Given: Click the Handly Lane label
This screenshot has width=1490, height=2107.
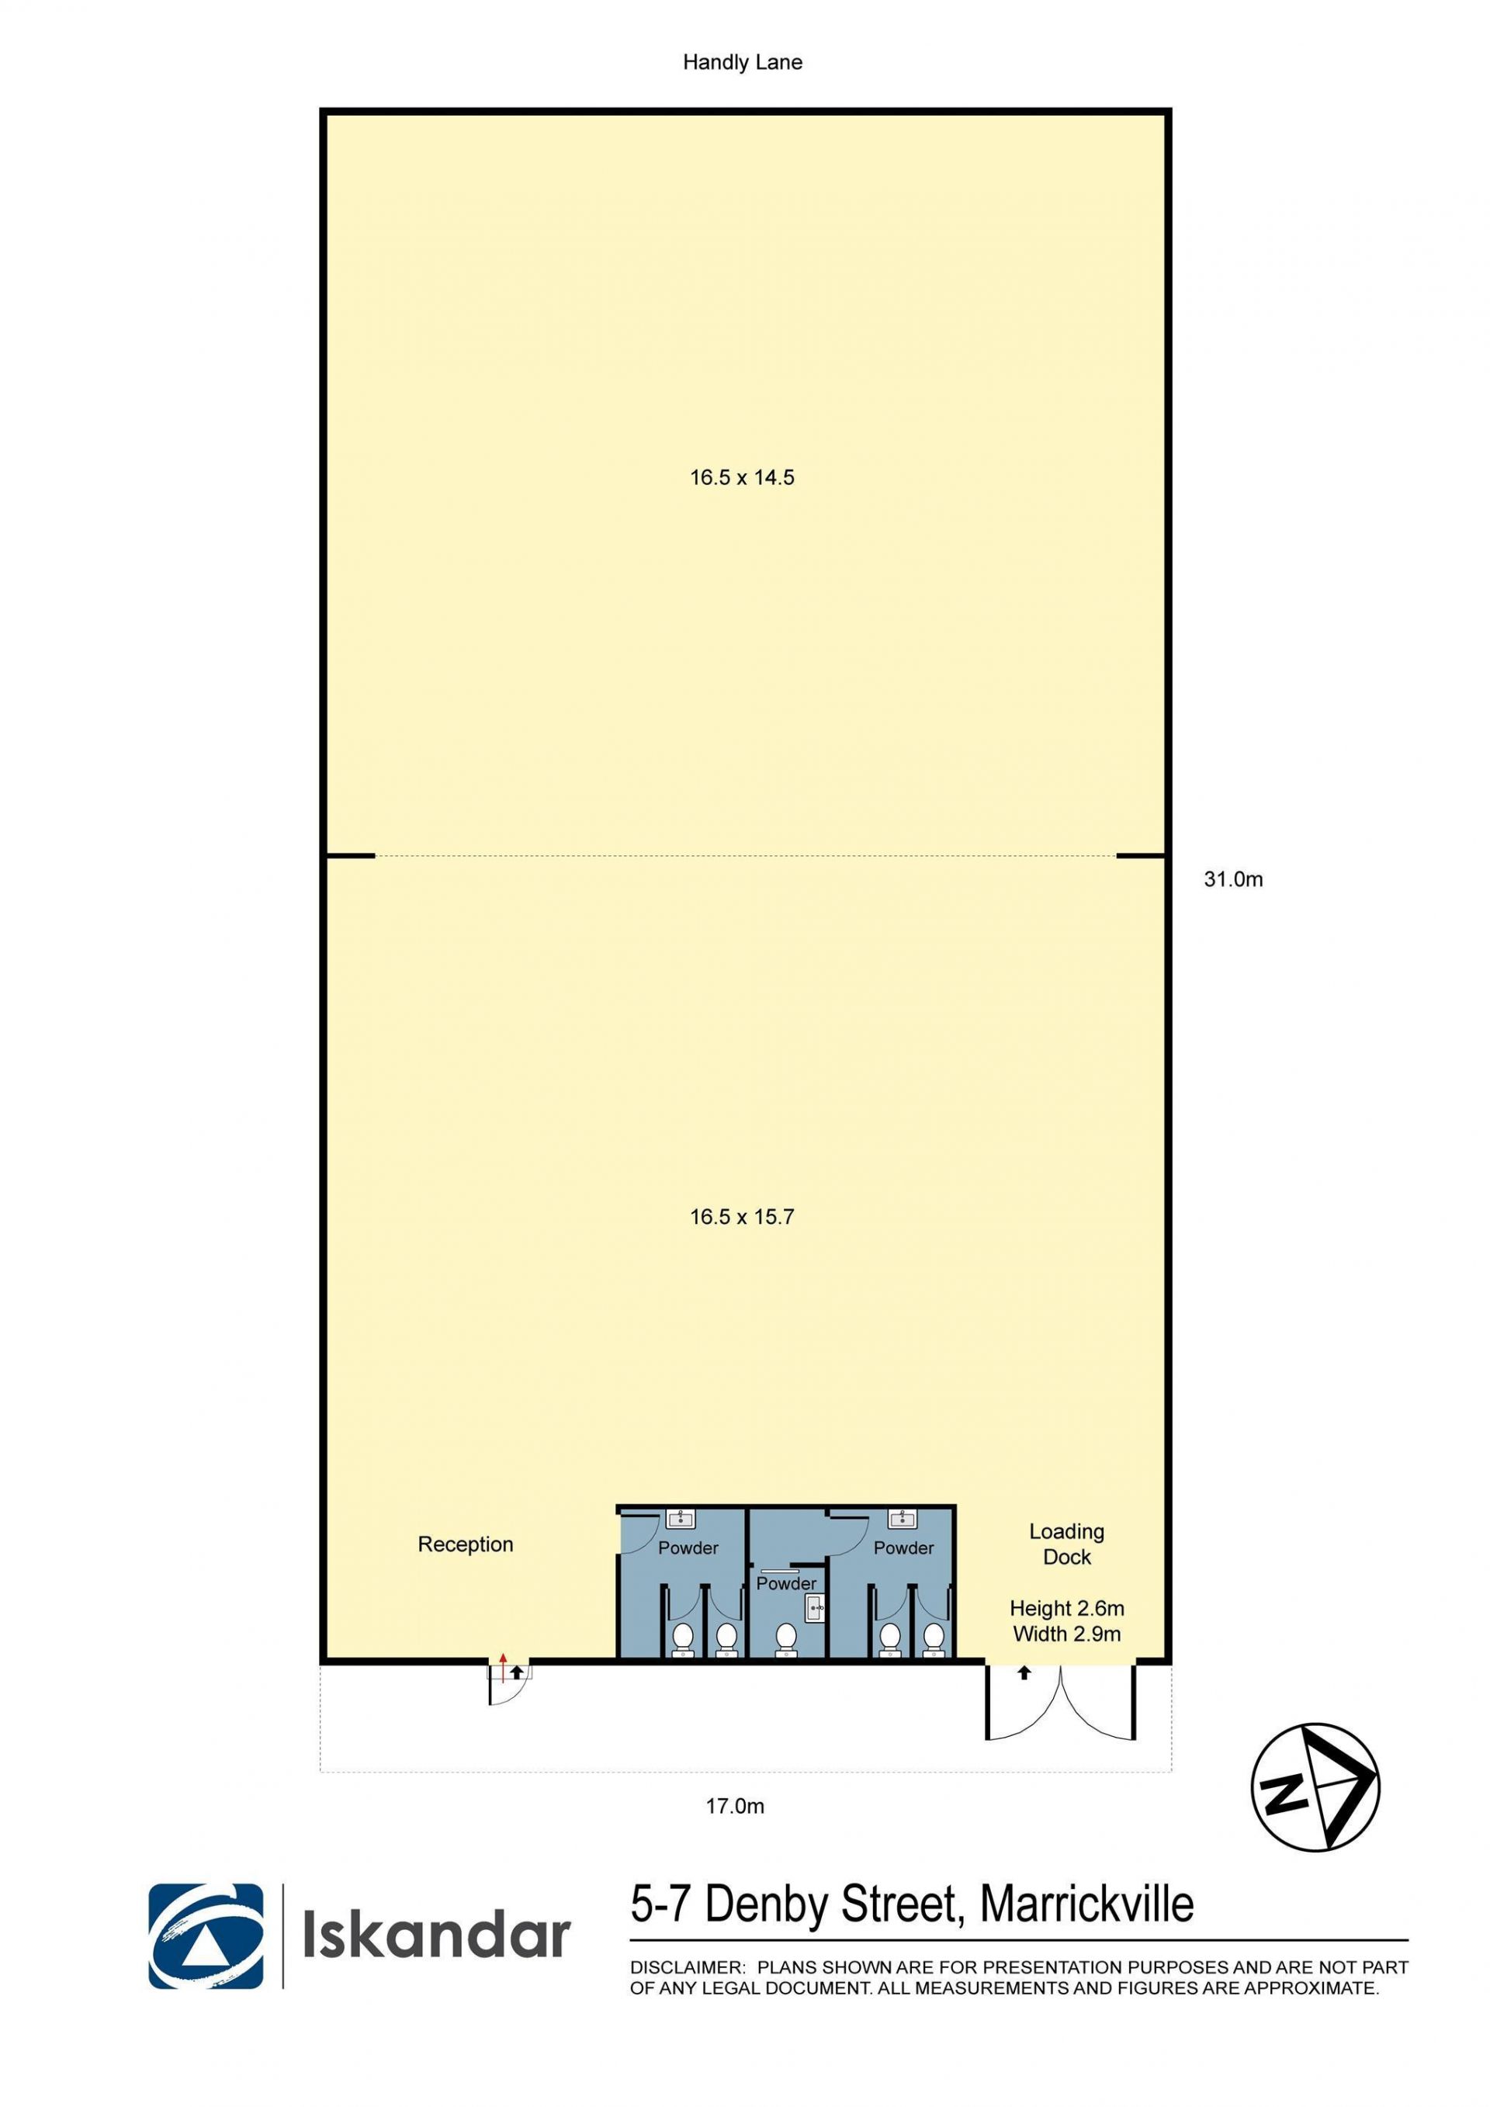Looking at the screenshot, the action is pos(742,62).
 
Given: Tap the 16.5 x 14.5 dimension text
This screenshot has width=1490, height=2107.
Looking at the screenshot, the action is pos(742,477).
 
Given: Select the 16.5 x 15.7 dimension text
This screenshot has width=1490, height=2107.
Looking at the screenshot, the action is pos(742,1217).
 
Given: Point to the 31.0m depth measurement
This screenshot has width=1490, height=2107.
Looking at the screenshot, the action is pos(1233,879).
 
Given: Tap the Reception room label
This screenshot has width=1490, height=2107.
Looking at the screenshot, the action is pos(465,1544).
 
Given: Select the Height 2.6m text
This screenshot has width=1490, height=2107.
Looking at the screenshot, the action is pos(1067,1608).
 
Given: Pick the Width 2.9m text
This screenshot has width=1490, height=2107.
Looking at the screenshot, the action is pos(1067,1634).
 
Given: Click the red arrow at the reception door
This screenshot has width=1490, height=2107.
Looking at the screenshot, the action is pos(503,1665).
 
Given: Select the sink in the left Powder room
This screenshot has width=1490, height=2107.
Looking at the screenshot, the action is pos(680,1518).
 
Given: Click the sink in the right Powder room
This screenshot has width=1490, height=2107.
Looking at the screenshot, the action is pos(903,1518).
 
